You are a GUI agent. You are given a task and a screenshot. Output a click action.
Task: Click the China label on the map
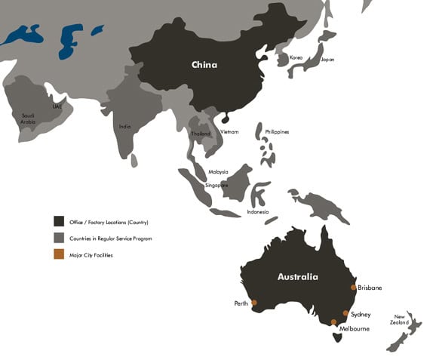point(204,65)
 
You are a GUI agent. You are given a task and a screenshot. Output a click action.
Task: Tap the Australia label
point(297,277)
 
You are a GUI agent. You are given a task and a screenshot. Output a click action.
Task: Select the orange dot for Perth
point(254,303)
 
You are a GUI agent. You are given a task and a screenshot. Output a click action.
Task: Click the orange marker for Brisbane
point(353,288)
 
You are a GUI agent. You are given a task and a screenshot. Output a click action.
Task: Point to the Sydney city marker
point(345,313)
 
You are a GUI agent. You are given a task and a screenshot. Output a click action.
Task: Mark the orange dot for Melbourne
point(333,322)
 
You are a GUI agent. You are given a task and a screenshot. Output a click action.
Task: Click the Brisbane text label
point(370,288)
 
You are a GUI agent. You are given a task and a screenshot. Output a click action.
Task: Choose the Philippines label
point(277,132)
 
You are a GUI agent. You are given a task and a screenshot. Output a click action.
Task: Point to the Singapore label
point(217,185)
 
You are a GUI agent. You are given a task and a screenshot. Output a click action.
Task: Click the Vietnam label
point(229,132)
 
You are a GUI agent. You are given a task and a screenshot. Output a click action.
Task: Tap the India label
point(125,127)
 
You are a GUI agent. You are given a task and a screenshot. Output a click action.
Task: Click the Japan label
point(327,59)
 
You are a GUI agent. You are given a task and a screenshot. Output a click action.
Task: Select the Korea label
point(296,57)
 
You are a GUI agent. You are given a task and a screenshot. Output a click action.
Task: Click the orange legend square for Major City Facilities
point(58,255)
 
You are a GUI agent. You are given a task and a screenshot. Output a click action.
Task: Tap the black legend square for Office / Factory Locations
point(58,221)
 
